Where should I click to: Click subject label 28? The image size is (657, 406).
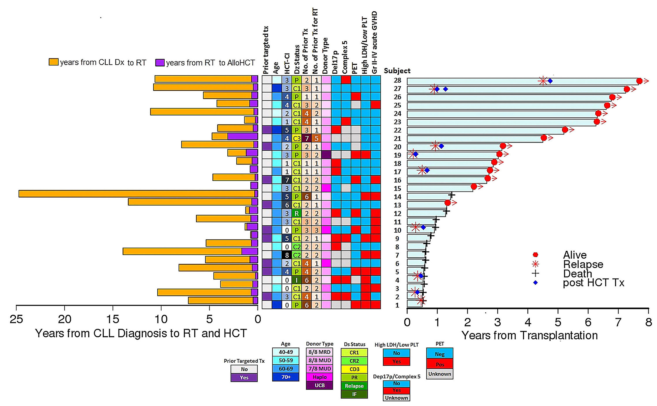click(397, 80)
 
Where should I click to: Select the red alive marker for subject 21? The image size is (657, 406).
click(544, 138)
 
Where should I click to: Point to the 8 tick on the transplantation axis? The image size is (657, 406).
click(648, 322)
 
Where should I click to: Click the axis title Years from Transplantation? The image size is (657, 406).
click(529, 335)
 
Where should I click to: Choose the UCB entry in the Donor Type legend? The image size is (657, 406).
click(319, 385)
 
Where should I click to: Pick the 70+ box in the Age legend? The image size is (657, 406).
click(286, 377)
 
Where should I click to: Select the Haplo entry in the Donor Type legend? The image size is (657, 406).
click(319, 377)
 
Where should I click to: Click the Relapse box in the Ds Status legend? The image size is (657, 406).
click(354, 386)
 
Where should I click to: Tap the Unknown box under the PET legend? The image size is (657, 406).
click(439, 374)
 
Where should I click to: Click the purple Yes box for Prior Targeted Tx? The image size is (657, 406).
click(244, 377)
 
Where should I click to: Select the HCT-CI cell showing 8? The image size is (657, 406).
click(287, 255)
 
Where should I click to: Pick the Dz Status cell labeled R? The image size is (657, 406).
click(296, 213)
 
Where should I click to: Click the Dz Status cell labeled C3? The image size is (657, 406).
click(296, 139)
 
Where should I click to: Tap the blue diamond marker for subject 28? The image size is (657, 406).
click(550, 81)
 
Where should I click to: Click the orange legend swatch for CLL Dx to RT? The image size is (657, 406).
click(53, 62)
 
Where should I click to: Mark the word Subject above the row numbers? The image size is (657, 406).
click(397, 71)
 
